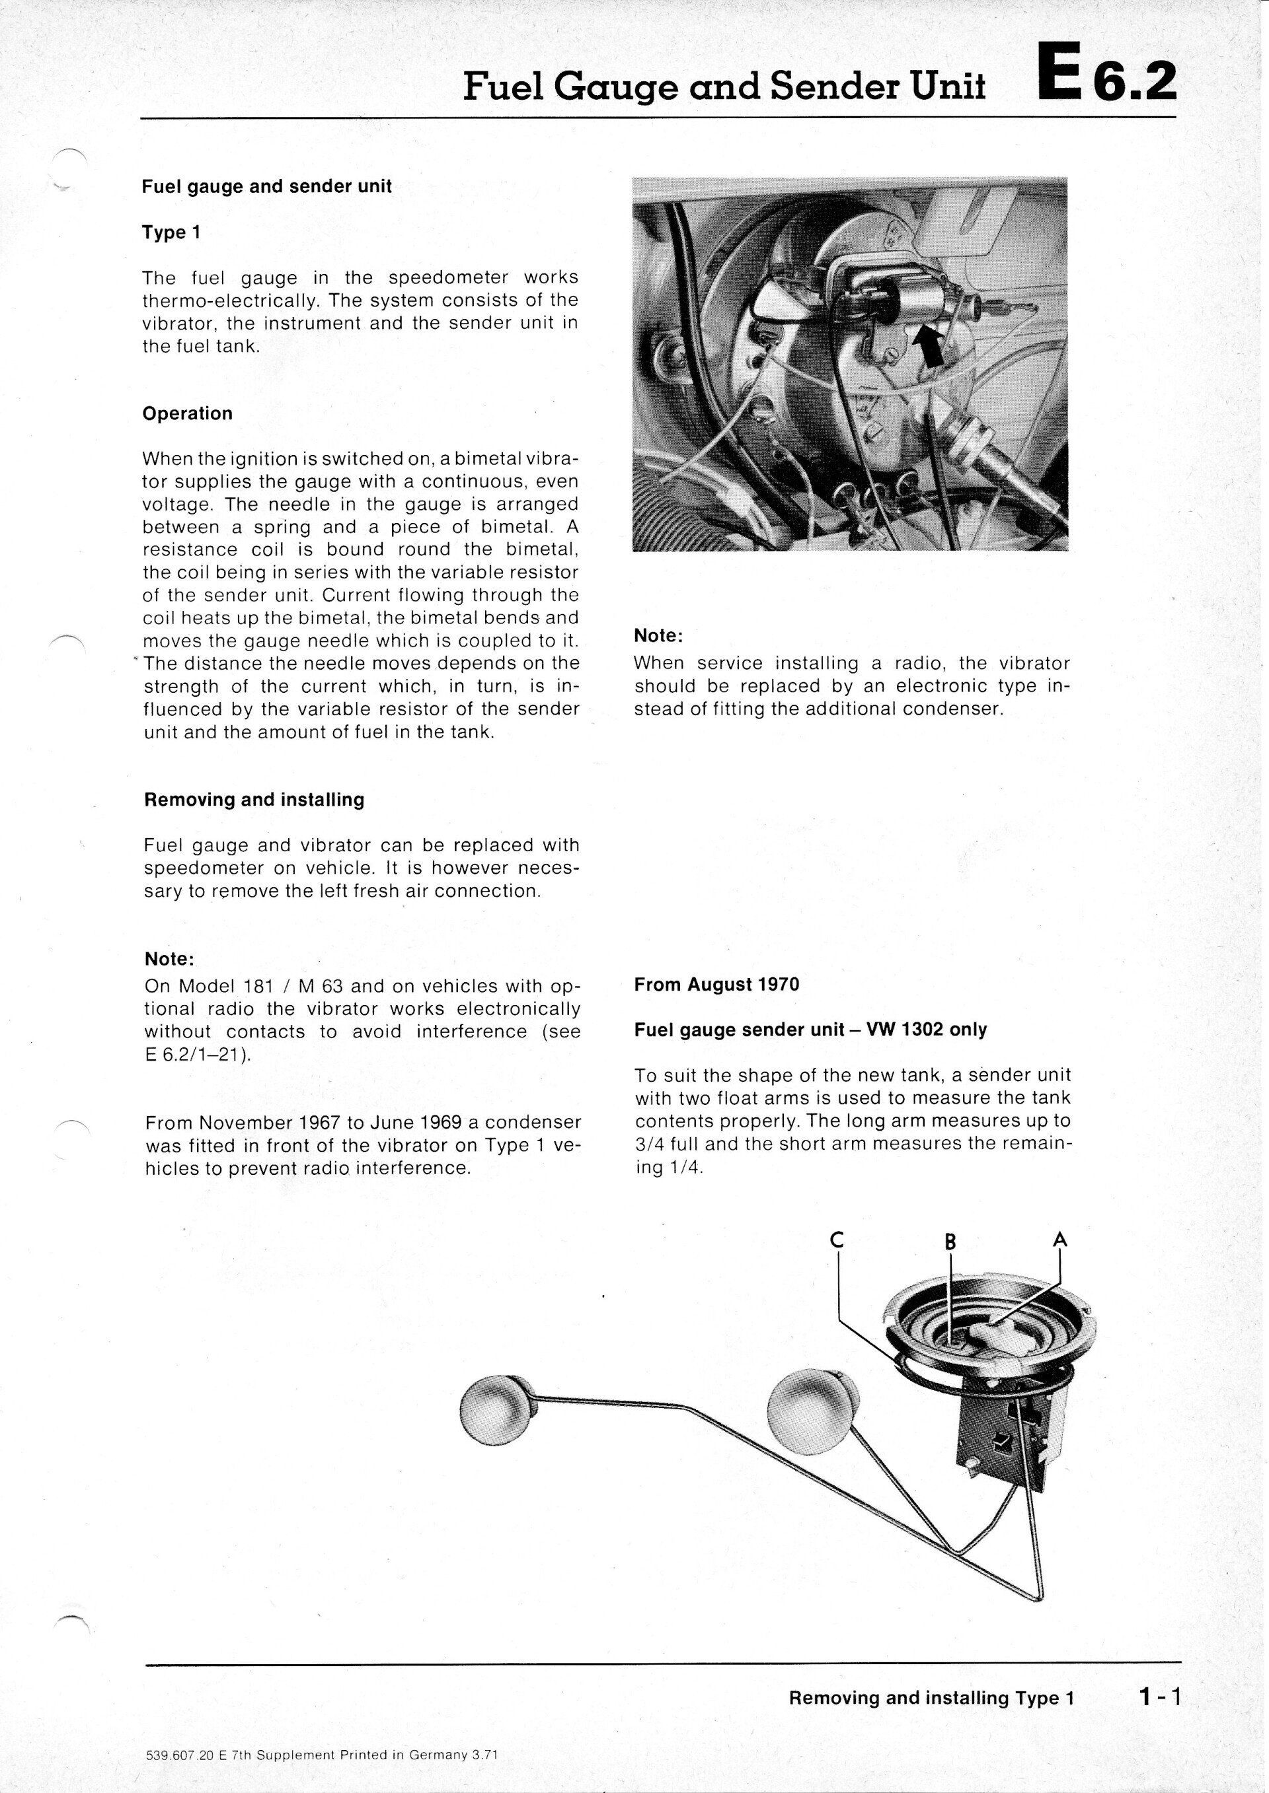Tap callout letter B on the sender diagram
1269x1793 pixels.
coord(950,1242)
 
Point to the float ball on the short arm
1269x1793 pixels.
coord(805,1412)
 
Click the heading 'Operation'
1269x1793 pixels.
coord(188,414)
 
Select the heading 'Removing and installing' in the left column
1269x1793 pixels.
coord(254,800)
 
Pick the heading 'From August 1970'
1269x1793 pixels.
coord(716,985)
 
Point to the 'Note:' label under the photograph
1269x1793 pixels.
coord(658,637)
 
